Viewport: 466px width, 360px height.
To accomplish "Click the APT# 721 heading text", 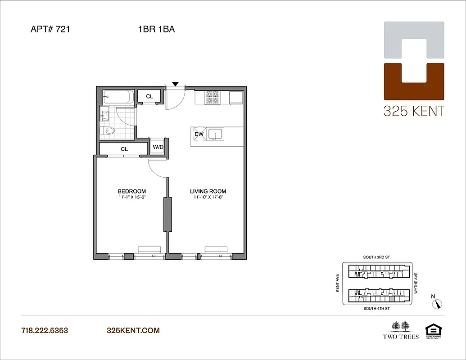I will coord(50,30).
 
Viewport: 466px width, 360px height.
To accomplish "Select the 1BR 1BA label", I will coord(156,30).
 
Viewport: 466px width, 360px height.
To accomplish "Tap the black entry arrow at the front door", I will coord(176,84).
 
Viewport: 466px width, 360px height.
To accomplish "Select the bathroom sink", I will coord(105,116).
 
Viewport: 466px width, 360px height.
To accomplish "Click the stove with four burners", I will coord(212,98).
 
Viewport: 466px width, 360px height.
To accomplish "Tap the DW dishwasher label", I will coord(199,134).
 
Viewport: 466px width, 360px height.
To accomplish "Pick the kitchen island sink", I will coord(217,134).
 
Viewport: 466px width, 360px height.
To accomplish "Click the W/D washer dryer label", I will coord(158,147).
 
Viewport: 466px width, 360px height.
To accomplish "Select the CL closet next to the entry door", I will coord(149,97).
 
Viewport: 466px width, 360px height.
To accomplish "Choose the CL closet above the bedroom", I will coord(124,149).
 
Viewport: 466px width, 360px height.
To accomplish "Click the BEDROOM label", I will coord(132,191).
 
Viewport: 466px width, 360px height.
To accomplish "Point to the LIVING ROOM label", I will coord(208,191).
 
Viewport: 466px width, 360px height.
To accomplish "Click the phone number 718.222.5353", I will coord(45,330).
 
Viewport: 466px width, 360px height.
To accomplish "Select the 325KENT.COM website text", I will coord(133,330).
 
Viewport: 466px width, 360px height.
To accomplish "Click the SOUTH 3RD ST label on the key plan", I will coord(377,257).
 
